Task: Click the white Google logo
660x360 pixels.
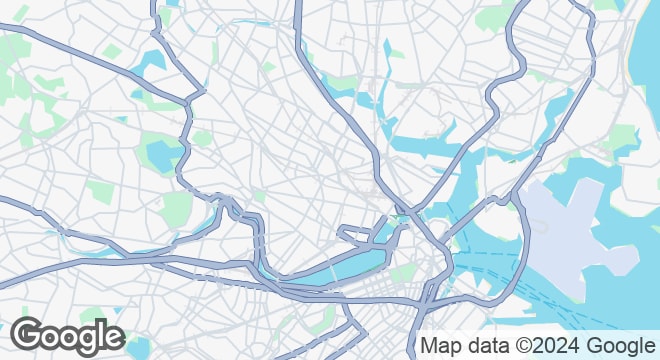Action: click(x=67, y=337)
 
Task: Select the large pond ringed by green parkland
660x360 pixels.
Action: click(x=161, y=156)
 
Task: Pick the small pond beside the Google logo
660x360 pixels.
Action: click(x=137, y=347)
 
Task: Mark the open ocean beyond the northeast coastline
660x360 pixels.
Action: click(x=646, y=80)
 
